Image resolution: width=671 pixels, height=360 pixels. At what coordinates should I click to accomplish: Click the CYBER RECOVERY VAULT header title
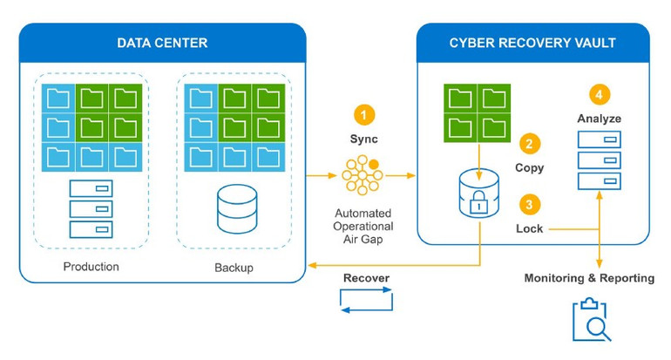point(532,43)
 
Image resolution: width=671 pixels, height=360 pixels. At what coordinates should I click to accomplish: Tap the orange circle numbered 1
point(363,114)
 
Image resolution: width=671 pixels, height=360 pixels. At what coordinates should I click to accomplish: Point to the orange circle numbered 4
point(599,94)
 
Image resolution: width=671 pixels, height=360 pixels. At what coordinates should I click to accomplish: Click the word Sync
point(363,139)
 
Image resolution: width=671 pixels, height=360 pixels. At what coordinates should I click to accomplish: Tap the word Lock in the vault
point(529,229)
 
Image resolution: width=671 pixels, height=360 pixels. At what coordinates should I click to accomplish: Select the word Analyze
point(599,118)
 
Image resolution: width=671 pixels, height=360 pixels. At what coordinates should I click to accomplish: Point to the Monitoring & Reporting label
point(589,278)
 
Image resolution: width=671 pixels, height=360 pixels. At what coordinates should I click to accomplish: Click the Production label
point(91,266)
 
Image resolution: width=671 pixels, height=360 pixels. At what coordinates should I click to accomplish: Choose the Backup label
point(234,267)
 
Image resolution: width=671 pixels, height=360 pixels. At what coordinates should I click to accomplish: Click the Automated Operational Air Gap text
point(363,226)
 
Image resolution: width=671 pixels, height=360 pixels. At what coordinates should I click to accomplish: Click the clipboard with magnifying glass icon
point(590,319)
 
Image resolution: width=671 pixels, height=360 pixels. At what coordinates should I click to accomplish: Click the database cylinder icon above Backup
point(234,210)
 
